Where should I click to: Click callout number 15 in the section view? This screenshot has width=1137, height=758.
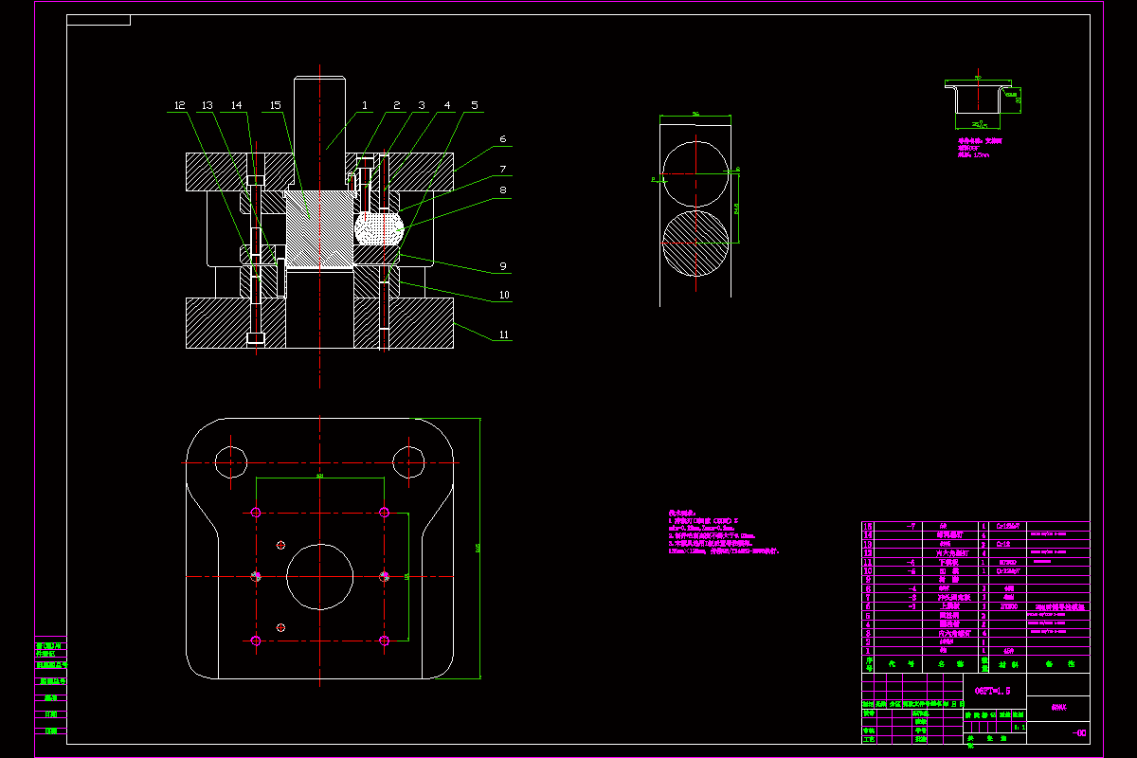tap(276, 105)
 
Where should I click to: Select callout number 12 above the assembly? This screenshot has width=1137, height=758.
tap(180, 105)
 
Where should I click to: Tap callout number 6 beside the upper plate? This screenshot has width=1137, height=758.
tap(502, 139)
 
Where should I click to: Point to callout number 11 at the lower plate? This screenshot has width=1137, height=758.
tap(504, 334)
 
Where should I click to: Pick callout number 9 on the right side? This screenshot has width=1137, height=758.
tap(504, 266)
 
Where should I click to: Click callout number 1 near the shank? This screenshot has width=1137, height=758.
tap(365, 105)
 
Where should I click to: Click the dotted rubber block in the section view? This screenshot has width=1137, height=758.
tap(379, 228)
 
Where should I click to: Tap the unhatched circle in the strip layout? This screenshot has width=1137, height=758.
tap(695, 172)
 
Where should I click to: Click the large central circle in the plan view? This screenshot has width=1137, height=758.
tap(320, 576)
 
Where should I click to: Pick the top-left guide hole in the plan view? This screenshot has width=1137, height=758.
tap(230, 462)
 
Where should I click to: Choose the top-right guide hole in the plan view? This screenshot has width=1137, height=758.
tap(409, 462)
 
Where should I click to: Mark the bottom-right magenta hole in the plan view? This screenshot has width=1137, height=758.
tap(384, 641)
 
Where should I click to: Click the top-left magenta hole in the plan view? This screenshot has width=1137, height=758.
tap(256, 513)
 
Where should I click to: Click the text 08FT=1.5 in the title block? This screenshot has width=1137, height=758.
tap(993, 691)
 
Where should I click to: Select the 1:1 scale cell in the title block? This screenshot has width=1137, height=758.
tap(1019, 727)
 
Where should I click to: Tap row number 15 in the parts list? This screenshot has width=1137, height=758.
tap(867, 526)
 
